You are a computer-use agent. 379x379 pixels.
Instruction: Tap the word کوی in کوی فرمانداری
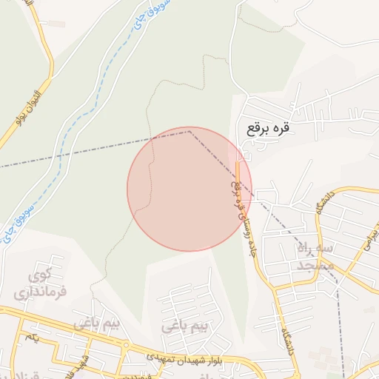tap(38, 277)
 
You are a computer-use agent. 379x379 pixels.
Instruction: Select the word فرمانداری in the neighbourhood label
tap(40, 292)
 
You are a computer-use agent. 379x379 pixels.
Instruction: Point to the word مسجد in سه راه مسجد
tap(316, 266)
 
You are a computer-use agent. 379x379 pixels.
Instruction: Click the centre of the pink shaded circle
tap(189, 189)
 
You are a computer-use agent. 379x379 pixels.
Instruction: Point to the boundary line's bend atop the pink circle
tap(189, 131)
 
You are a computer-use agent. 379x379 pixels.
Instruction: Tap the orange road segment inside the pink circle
tap(238, 174)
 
